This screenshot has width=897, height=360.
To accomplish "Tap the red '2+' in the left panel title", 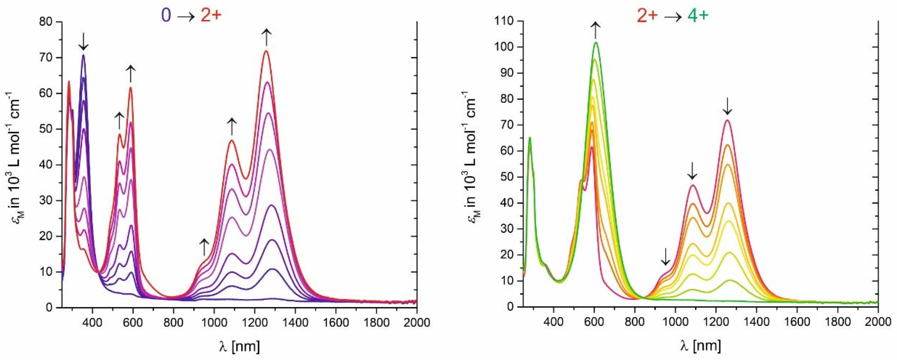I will coord(211,16).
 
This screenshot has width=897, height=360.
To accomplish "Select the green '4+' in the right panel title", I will coord(698,16).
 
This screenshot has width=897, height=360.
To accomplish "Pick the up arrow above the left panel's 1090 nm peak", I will coord(231,126).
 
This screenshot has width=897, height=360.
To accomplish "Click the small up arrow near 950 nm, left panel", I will coord(204,247).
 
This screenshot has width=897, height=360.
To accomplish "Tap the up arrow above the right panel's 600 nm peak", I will coord(595,30).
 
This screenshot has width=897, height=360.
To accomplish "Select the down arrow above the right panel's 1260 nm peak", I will coord(727,106).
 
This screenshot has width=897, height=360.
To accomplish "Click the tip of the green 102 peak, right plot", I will coord(596,42).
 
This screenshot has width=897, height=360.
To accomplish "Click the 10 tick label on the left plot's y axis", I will coord(48,272).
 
